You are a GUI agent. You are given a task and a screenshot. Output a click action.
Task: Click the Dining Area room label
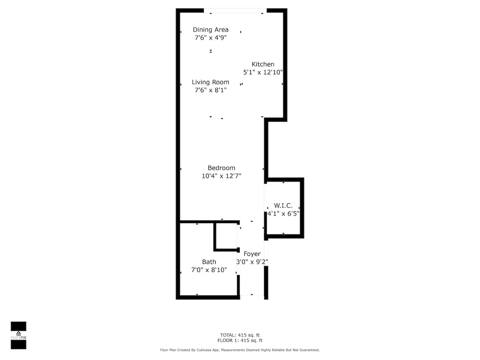tap(210, 30)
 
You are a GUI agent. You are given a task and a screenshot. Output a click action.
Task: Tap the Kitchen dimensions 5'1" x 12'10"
tap(263, 72)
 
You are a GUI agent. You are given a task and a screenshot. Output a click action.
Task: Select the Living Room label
tap(210, 82)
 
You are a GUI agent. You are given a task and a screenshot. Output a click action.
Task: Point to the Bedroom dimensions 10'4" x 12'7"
tap(221, 176)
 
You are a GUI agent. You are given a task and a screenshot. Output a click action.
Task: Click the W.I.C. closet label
tap(283, 206)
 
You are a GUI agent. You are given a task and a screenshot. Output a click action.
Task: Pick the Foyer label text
tap(252, 254)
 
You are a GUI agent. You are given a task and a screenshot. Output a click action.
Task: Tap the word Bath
tap(209, 262)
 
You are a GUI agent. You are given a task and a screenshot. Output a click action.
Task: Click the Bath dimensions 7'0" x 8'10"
tap(209, 270)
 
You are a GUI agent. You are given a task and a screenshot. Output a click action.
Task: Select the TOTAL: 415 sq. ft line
tap(240, 335)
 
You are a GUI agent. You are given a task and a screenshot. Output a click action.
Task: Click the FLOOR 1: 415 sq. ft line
tap(240, 340)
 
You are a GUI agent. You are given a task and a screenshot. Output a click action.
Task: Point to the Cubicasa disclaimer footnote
tap(240, 350)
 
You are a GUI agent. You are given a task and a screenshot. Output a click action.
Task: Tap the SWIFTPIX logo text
tap(18, 338)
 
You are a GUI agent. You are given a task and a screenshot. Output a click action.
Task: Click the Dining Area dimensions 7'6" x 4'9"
tap(210, 38)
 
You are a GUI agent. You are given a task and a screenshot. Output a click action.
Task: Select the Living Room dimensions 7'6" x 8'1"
tap(210, 90)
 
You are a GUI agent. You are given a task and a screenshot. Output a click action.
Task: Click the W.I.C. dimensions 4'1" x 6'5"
tap(283, 214)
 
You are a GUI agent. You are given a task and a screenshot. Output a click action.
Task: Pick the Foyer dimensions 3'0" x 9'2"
tap(252, 262)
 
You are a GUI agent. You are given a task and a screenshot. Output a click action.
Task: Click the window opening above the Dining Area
tap(235, 10)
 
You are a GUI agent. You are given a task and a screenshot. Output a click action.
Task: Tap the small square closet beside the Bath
tap(226, 236)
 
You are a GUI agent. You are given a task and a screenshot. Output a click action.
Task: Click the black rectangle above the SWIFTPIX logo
tap(18, 326)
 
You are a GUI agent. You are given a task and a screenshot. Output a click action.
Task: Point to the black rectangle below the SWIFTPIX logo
tap(18, 344)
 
